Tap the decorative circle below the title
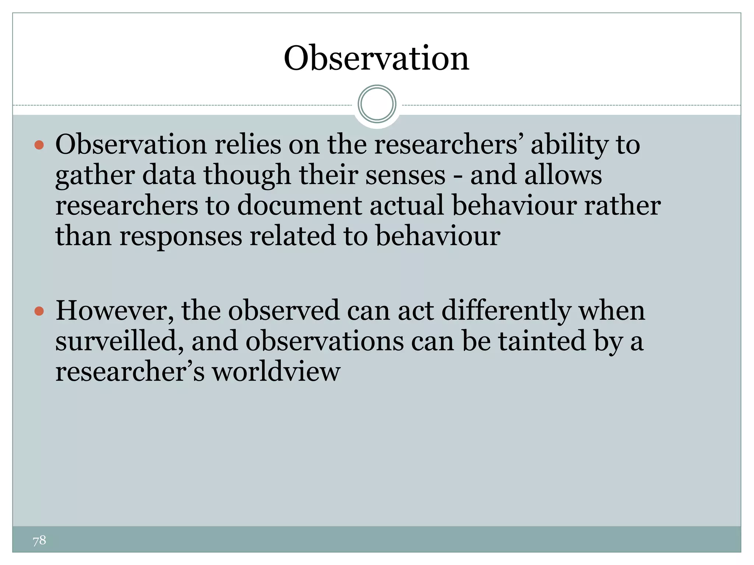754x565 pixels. click(377, 104)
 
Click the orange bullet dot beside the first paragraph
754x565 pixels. click(39, 145)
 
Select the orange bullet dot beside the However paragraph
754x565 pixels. click(39, 312)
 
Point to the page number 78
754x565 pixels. click(39, 540)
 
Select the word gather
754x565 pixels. click(95, 176)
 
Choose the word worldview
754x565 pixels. click(276, 372)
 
